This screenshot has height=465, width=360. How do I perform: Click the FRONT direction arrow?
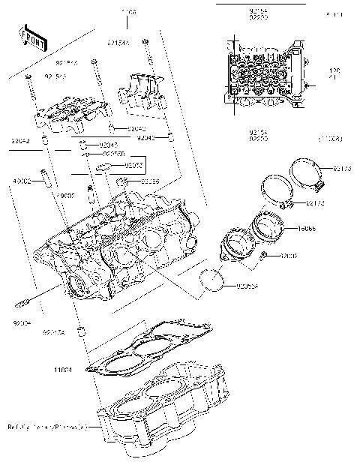pos(29,37)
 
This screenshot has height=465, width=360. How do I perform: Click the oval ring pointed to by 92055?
pos(107,166)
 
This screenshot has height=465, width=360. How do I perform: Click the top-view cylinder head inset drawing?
pos(266,75)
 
